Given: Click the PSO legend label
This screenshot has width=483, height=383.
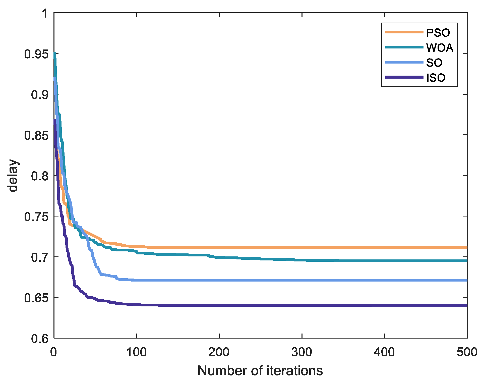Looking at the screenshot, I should tap(438, 33).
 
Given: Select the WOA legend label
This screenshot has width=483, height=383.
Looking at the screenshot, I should tap(440, 48).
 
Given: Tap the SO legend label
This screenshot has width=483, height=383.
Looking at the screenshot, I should tap(434, 63).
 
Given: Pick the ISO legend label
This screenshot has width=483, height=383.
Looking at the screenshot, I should tap(436, 78).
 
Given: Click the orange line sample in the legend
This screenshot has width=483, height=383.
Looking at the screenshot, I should tap(404, 32).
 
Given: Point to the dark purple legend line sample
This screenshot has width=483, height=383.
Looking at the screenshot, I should tap(404, 77).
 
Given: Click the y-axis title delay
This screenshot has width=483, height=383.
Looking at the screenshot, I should tap(13, 175).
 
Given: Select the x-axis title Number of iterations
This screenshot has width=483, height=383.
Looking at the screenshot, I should tap(260, 371).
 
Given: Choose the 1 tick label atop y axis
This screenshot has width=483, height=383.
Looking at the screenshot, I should tap(45, 13).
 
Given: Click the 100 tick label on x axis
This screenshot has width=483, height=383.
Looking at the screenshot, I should tap(136, 352).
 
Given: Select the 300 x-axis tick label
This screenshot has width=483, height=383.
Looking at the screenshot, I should tap(302, 352).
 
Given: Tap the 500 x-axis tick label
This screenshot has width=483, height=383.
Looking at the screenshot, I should tap(467, 352).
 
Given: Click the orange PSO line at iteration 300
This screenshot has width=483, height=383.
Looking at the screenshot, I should tap(302, 248).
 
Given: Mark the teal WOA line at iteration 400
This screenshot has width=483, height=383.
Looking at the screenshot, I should tap(385, 261).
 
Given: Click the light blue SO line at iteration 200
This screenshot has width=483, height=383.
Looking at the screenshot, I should tap(219, 280).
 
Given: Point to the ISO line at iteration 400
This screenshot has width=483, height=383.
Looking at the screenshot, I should tap(385, 305).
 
